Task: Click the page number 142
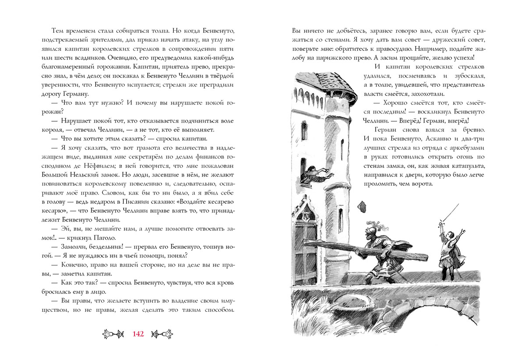tap(138, 334)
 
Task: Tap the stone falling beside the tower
tap(363, 205)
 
